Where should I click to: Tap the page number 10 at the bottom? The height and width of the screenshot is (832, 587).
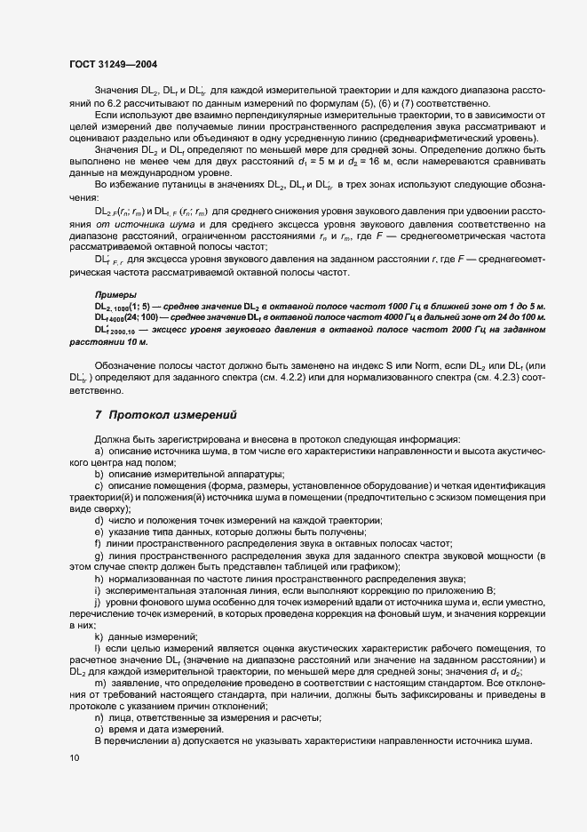pyautogui.click(x=73, y=758)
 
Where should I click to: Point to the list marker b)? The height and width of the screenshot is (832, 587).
pyautogui.click(x=99, y=475)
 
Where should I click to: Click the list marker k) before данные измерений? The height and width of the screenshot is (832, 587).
pyautogui.click(x=99, y=636)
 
